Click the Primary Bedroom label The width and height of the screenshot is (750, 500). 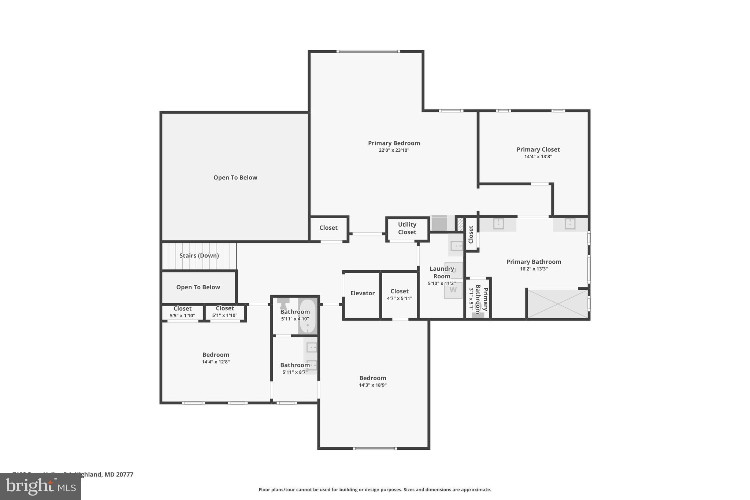tap(394, 143)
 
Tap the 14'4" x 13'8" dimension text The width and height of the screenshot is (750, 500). tap(538, 156)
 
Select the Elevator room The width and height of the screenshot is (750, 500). tap(362, 293)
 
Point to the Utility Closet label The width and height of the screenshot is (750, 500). tap(407, 228)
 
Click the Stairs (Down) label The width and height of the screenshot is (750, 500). tap(199, 256)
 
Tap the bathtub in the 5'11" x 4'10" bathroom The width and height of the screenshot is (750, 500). tap(308, 315)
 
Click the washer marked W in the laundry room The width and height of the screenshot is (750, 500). tap(453, 290)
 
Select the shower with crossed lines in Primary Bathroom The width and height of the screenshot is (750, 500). tap(557, 304)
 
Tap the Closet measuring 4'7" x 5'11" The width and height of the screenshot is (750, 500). tap(399, 295)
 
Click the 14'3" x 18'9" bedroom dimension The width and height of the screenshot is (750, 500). tap(372, 385)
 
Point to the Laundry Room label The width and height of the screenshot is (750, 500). tap(442, 273)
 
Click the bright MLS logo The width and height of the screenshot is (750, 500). tap(40, 487)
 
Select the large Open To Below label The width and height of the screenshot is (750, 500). tap(235, 178)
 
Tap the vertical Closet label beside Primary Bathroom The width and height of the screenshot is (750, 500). tap(471, 234)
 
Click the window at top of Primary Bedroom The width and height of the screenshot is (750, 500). tap(368, 51)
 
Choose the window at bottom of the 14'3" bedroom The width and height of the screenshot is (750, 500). tap(374, 448)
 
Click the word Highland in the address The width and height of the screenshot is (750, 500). tap(88, 474)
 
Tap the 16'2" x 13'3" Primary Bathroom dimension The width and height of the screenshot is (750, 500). tap(534, 269)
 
